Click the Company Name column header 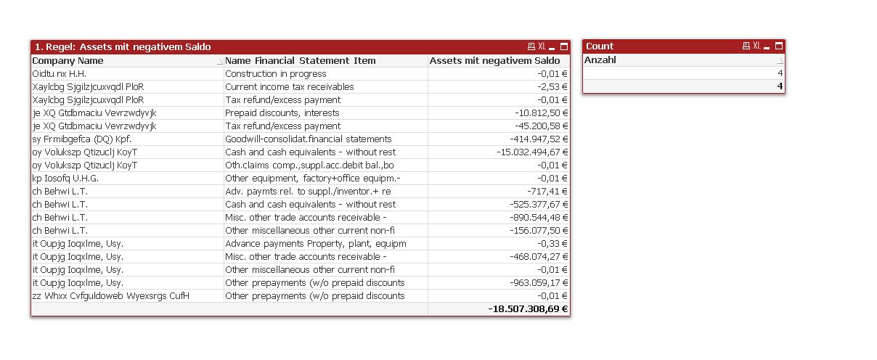[x=68, y=61]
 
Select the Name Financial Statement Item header [x=301, y=61]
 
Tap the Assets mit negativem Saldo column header [x=494, y=61]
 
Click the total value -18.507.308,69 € [x=528, y=309]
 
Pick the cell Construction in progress [x=276, y=74]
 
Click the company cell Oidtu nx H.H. [x=60, y=74]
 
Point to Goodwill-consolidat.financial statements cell [x=309, y=139]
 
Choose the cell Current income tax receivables [x=290, y=87]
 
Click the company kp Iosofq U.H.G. [x=65, y=179]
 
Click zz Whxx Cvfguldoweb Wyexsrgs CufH [x=111, y=296]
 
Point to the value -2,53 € [x=552, y=87]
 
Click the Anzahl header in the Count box [x=600, y=60]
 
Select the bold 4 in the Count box [x=780, y=86]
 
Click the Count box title [x=600, y=46]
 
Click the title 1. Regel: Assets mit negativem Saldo [x=123, y=47]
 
